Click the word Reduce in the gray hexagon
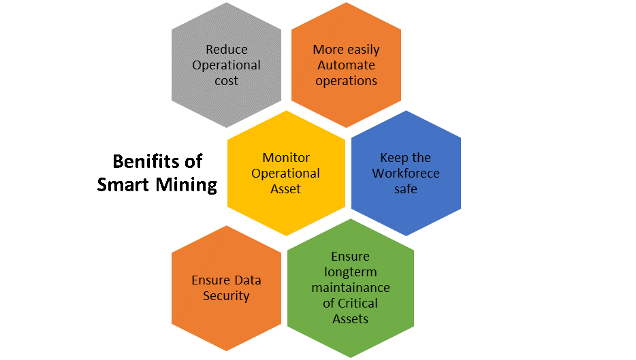point(226,50)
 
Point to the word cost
point(226,81)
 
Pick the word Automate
point(346,65)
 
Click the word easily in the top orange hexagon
point(362,50)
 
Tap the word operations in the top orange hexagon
point(346,80)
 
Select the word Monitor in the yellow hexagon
point(285,158)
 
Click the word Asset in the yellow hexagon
point(285,189)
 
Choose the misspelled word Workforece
point(406,173)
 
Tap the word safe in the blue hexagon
point(406,189)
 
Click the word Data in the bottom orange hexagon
point(248,280)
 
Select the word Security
point(226,296)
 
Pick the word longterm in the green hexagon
point(350,272)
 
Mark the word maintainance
point(350,288)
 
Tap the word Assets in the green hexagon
point(350,318)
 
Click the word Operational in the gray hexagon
point(226,65)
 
